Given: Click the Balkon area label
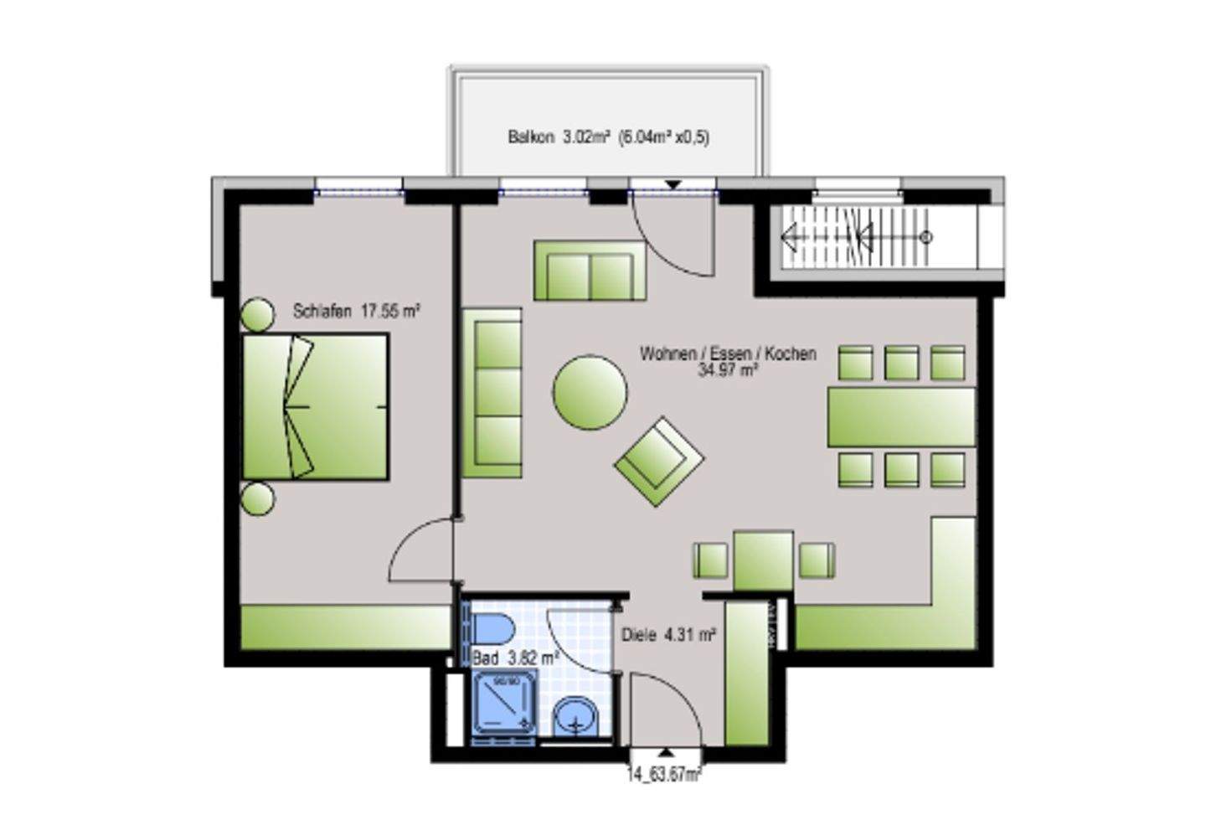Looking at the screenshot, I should (x=608, y=137).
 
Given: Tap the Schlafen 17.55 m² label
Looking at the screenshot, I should (x=356, y=312).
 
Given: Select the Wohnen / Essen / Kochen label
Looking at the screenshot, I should (x=727, y=360).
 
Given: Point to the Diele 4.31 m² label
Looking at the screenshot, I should (x=668, y=635).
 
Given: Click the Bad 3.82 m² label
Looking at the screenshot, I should (x=515, y=658).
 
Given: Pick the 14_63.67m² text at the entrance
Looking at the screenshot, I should (x=664, y=774).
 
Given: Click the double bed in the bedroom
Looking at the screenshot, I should (x=316, y=406).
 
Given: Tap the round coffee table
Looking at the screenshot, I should (x=590, y=392).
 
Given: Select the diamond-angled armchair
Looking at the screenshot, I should (x=658, y=462).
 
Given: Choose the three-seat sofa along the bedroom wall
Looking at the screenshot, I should (x=492, y=392).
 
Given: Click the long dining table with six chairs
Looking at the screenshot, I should (x=901, y=416).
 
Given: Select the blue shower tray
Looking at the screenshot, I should (x=505, y=704).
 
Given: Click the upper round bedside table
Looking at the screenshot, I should (x=258, y=315).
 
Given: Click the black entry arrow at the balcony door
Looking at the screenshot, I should (x=673, y=184).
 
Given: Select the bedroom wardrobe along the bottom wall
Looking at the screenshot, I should (x=346, y=627).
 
